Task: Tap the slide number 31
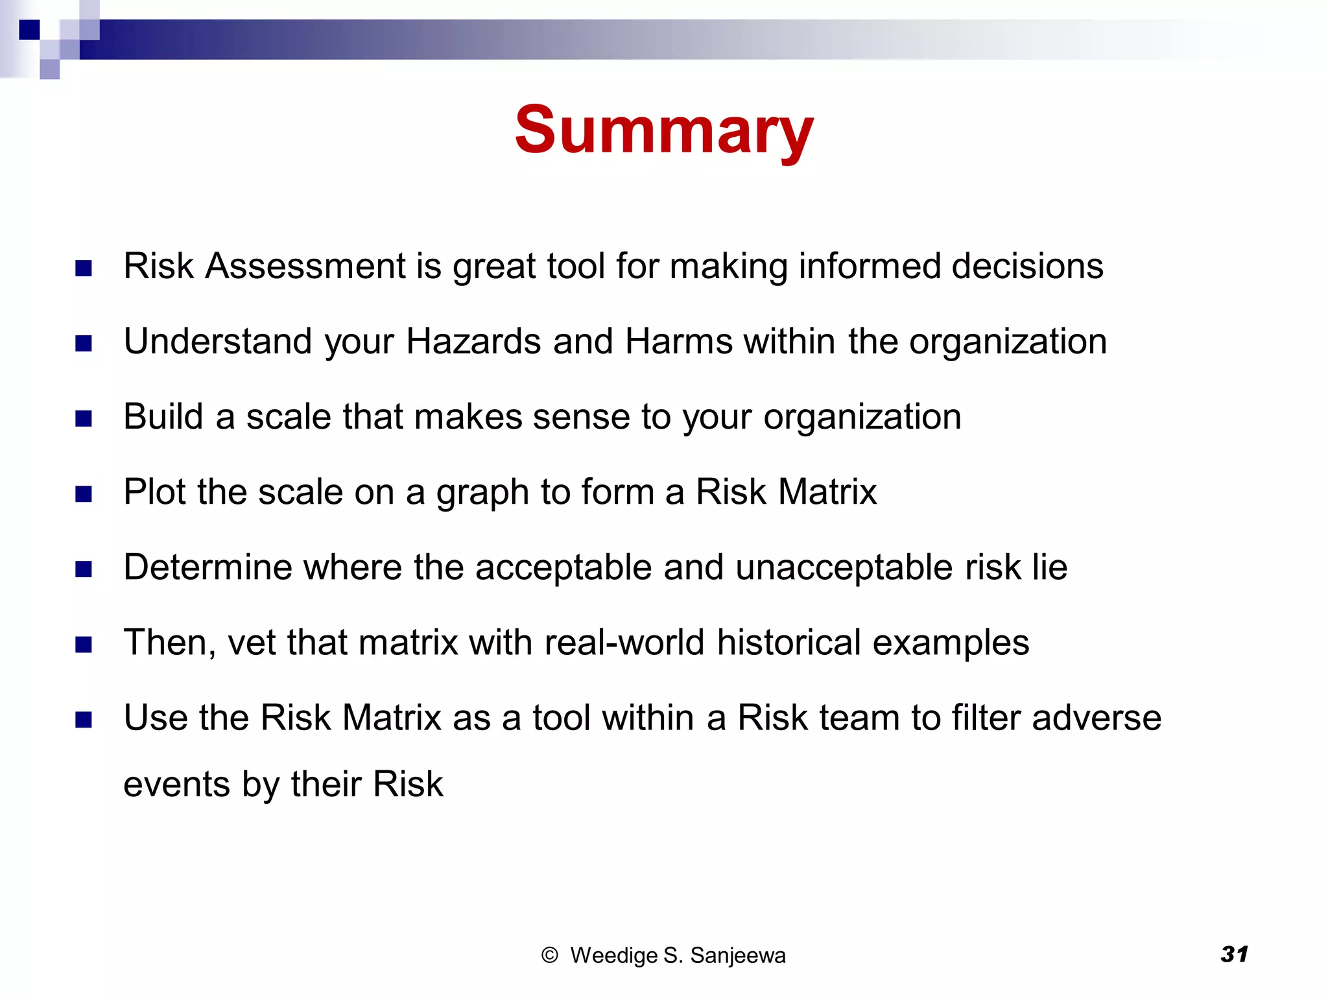pos(1234,954)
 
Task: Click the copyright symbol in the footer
pos(549,955)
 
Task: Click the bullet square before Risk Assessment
pos(84,268)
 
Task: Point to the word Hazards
pos(473,342)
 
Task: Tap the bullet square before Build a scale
pos(84,419)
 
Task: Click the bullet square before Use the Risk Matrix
pos(84,720)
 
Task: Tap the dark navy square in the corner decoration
pos(29,30)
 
